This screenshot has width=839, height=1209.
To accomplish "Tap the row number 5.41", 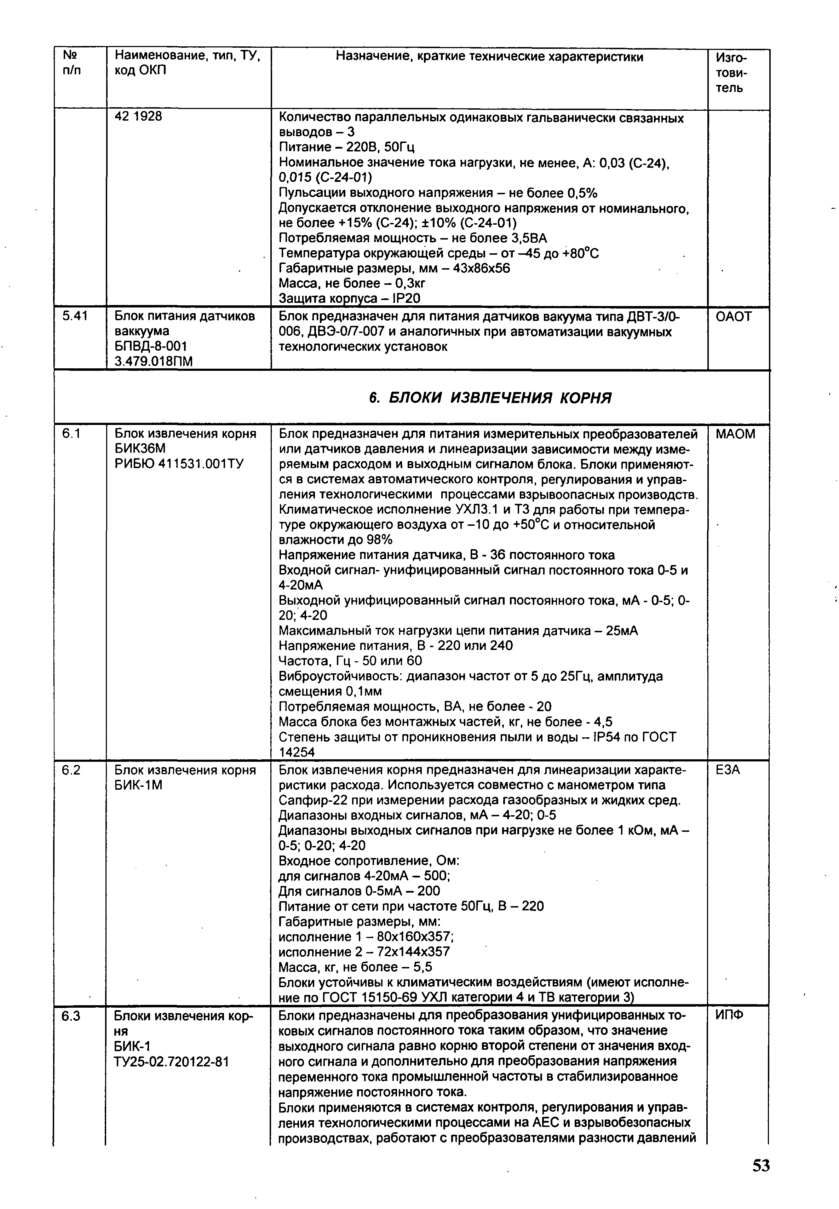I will [x=75, y=316].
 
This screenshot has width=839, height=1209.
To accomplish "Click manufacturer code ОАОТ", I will [x=734, y=316].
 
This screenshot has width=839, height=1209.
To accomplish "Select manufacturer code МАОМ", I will [x=735, y=434].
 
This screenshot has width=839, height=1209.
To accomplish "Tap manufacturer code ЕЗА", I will [x=728, y=770].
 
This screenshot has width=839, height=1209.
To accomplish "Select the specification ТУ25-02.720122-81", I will [x=171, y=1062].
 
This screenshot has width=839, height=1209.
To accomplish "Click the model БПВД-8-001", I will [x=151, y=346].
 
